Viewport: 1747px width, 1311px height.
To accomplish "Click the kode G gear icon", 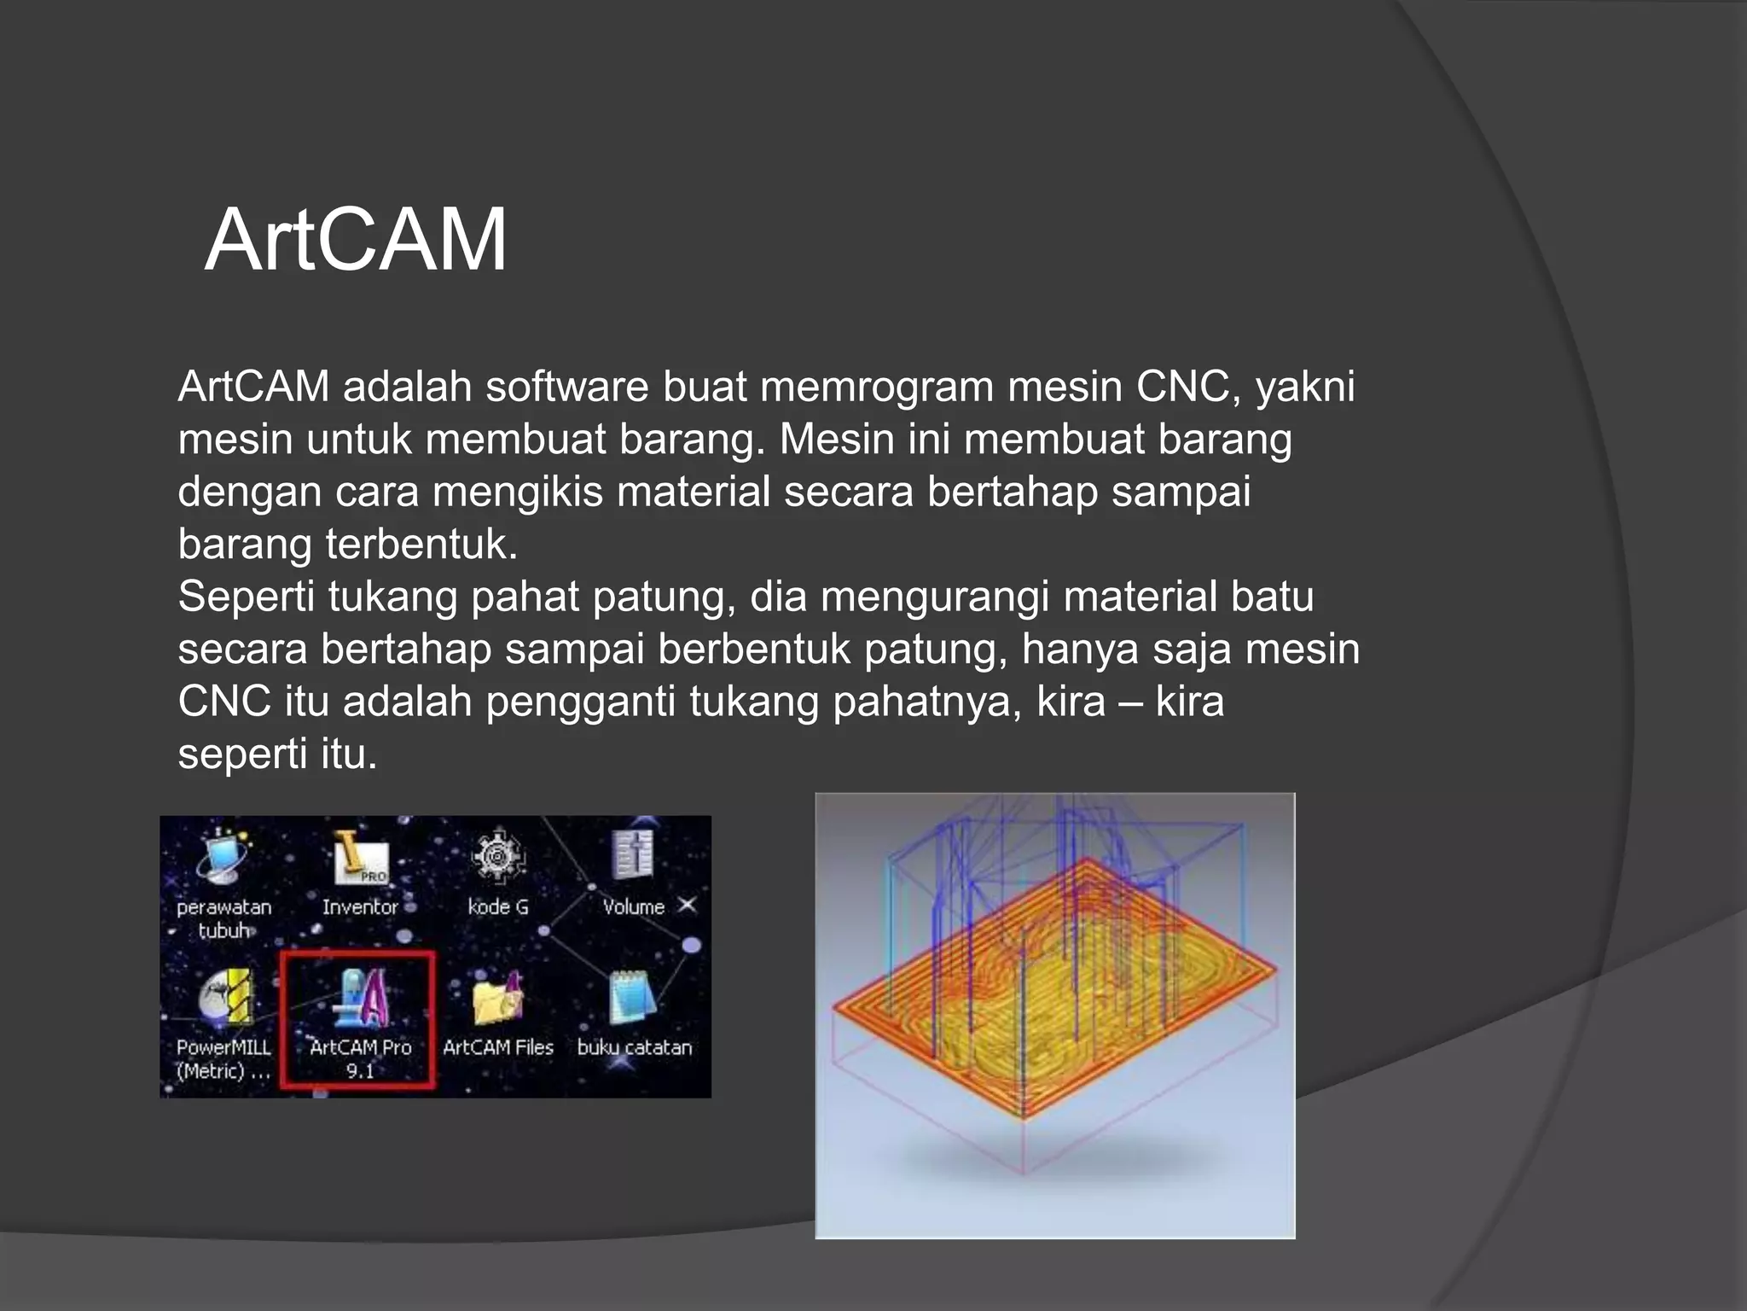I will [498, 856].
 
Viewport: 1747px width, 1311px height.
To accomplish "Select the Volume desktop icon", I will [633, 856].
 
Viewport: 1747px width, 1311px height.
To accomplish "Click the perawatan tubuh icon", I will [223, 858].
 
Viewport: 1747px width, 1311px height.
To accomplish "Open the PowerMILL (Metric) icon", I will [226, 999].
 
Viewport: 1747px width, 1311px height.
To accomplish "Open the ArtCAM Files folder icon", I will [498, 999].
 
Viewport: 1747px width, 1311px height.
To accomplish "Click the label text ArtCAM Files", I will [498, 1047].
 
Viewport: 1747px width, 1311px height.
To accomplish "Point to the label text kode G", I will [498, 906].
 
